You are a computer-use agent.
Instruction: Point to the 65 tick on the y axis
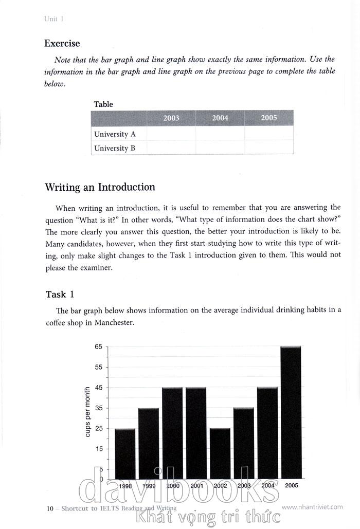point(98,346)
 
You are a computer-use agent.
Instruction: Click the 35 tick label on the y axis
point(98,408)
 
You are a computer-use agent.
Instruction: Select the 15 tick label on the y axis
point(98,449)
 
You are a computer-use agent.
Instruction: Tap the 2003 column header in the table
point(171,118)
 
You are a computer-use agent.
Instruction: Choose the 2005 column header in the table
point(269,118)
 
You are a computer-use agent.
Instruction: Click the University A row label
point(115,134)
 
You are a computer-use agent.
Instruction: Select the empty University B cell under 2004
point(220,148)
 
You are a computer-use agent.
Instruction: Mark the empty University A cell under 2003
point(171,134)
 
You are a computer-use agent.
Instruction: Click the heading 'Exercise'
point(62,44)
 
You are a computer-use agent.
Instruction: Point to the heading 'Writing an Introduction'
point(100,187)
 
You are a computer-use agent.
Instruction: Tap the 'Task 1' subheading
point(60,294)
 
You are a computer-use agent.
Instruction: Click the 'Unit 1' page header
point(53,19)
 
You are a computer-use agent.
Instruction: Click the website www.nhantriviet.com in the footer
point(312,507)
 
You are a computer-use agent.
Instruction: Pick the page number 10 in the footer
point(50,508)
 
